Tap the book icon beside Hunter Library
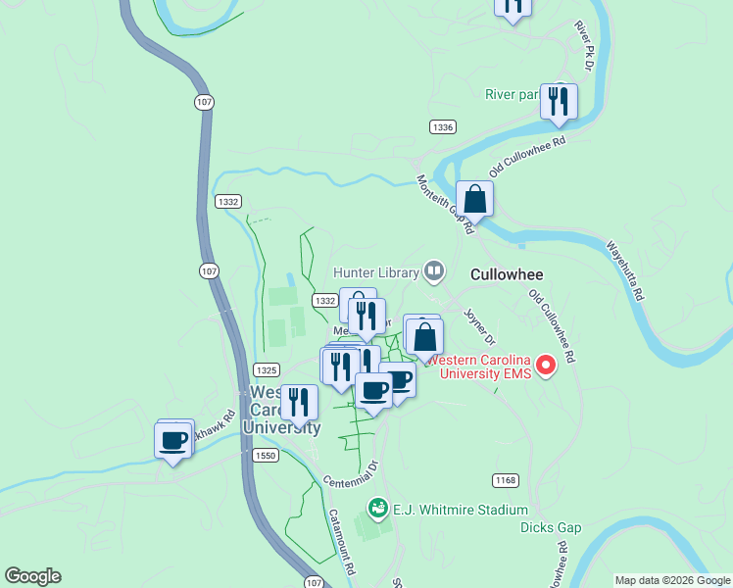click(434, 270)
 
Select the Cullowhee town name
click(507, 274)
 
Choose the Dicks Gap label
click(551, 527)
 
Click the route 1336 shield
click(442, 127)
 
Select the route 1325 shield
click(265, 369)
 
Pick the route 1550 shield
click(266, 456)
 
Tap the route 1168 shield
click(505, 479)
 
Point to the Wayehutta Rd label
click(624, 270)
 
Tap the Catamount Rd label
click(343, 542)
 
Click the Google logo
click(32, 576)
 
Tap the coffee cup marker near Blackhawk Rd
click(174, 441)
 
